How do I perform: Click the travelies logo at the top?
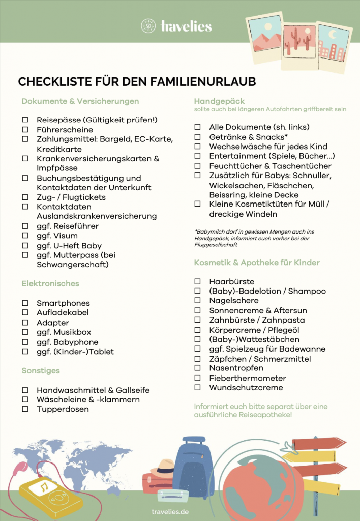(x=176, y=26)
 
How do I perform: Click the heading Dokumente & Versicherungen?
(x=80, y=101)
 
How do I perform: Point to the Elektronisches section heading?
(x=50, y=283)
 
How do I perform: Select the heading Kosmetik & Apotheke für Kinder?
(x=257, y=263)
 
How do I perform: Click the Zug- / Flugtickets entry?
(x=71, y=197)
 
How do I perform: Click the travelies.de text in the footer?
(x=170, y=511)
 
